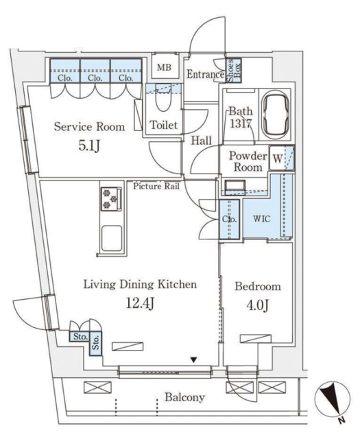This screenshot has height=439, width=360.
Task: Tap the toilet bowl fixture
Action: pyautogui.click(x=163, y=97)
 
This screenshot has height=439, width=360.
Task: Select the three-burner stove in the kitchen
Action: pyautogui.click(x=111, y=199)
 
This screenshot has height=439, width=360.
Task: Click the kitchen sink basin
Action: pyautogui.click(x=111, y=239)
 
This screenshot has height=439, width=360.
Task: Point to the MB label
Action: pyautogui.click(x=164, y=67)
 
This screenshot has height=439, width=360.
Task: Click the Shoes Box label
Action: pyautogui.click(x=234, y=71)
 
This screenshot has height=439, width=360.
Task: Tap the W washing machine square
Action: pyautogui.click(x=278, y=158)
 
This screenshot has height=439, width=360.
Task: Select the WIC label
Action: pyautogui.click(x=262, y=218)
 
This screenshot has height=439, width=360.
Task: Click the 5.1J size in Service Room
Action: pyautogui.click(x=89, y=145)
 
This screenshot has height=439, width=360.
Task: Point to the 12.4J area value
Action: pyautogui.click(x=139, y=303)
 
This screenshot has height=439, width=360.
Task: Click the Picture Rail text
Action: pyautogui.click(x=156, y=186)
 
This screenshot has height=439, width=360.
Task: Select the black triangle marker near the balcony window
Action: pyautogui.click(x=194, y=359)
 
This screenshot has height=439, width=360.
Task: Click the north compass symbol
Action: pyautogui.click(x=332, y=399)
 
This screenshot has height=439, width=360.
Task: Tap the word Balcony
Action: pyautogui.click(x=184, y=397)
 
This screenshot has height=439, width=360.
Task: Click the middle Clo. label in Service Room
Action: pyautogui.click(x=95, y=78)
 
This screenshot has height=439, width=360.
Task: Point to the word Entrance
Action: pyautogui.click(x=205, y=74)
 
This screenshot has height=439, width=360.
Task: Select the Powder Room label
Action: pyautogui.click(x=248, y=161)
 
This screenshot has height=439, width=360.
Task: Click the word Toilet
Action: pyautogui.click(x=163, y=125)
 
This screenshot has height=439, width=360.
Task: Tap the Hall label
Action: pyautogui.click(x=201, y=140)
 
